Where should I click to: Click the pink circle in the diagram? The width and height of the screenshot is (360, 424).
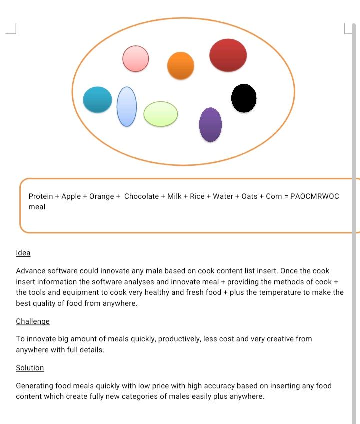(x=135, y=58)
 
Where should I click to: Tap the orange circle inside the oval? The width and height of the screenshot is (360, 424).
(x=180, y=65)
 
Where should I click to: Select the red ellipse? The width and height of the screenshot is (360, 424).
(x=228, y=55)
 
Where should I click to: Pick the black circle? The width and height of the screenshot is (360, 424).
(x=244, y=98)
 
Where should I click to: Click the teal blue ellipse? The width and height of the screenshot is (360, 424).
(x=97, y=100)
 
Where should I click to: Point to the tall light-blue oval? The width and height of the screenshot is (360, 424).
(x=127, y=106)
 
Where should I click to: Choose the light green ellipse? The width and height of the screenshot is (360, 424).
(x=160, y=114)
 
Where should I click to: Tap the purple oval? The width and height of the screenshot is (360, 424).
(x=210, y=125)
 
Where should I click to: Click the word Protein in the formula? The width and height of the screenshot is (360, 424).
(x=41, y=196)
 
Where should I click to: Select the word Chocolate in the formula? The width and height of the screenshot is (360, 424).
(x=141, y=196)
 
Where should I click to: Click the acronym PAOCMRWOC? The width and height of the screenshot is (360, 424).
(x=314, y=196)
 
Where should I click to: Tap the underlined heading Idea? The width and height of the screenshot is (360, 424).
(x=23, y=253)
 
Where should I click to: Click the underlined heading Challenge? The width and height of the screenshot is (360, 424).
(x=33, y=321)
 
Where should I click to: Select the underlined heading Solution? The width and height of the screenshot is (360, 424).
(x=30, y=368)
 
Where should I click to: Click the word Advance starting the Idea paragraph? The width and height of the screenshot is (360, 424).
(x=31, y=271)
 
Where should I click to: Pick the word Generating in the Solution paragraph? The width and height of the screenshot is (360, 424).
(x=36, y=386)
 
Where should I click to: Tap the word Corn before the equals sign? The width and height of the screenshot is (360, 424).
(x=274, y=196)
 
